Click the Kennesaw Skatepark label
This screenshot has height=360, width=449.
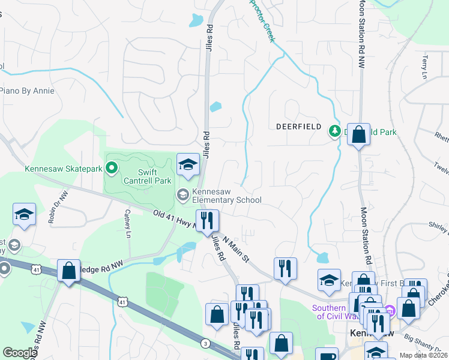(x=64, y=169)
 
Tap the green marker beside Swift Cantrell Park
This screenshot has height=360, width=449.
(x=111, y=166)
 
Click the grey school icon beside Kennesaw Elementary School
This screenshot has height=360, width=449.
(x=182, y=194)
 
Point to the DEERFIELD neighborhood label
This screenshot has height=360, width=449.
(x=300, y=127)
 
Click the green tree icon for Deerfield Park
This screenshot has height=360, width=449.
(x=334, y=130)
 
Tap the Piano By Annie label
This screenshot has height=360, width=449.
(x=27, y=91)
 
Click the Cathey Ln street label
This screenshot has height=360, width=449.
(x=128, y=223)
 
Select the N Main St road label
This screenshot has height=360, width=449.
(x=235, y=250)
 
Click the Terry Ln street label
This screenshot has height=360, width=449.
(x=425, y=68)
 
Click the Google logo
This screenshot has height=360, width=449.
(x=20, y=353)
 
